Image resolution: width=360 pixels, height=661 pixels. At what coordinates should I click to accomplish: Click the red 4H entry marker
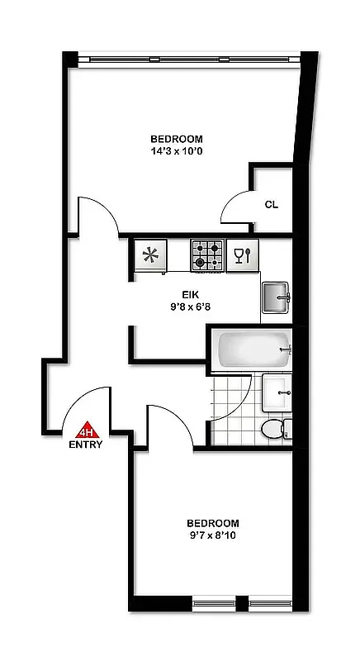tap(87, 430)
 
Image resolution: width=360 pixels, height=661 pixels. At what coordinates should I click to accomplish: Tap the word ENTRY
tap(87, 445)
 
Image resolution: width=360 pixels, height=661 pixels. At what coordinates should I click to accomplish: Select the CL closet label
tap(271, 204)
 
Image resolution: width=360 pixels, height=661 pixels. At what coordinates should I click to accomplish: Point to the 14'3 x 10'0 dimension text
tap(176, 151)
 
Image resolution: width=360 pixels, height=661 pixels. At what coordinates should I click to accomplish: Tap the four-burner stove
tap(207, 255)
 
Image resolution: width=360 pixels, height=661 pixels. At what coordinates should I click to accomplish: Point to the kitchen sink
tap(276, 297)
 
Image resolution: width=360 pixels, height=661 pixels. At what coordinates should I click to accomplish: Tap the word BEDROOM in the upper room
tap(176, 139)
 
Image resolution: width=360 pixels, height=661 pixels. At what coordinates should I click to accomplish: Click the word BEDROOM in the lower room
tap(212, 523)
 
